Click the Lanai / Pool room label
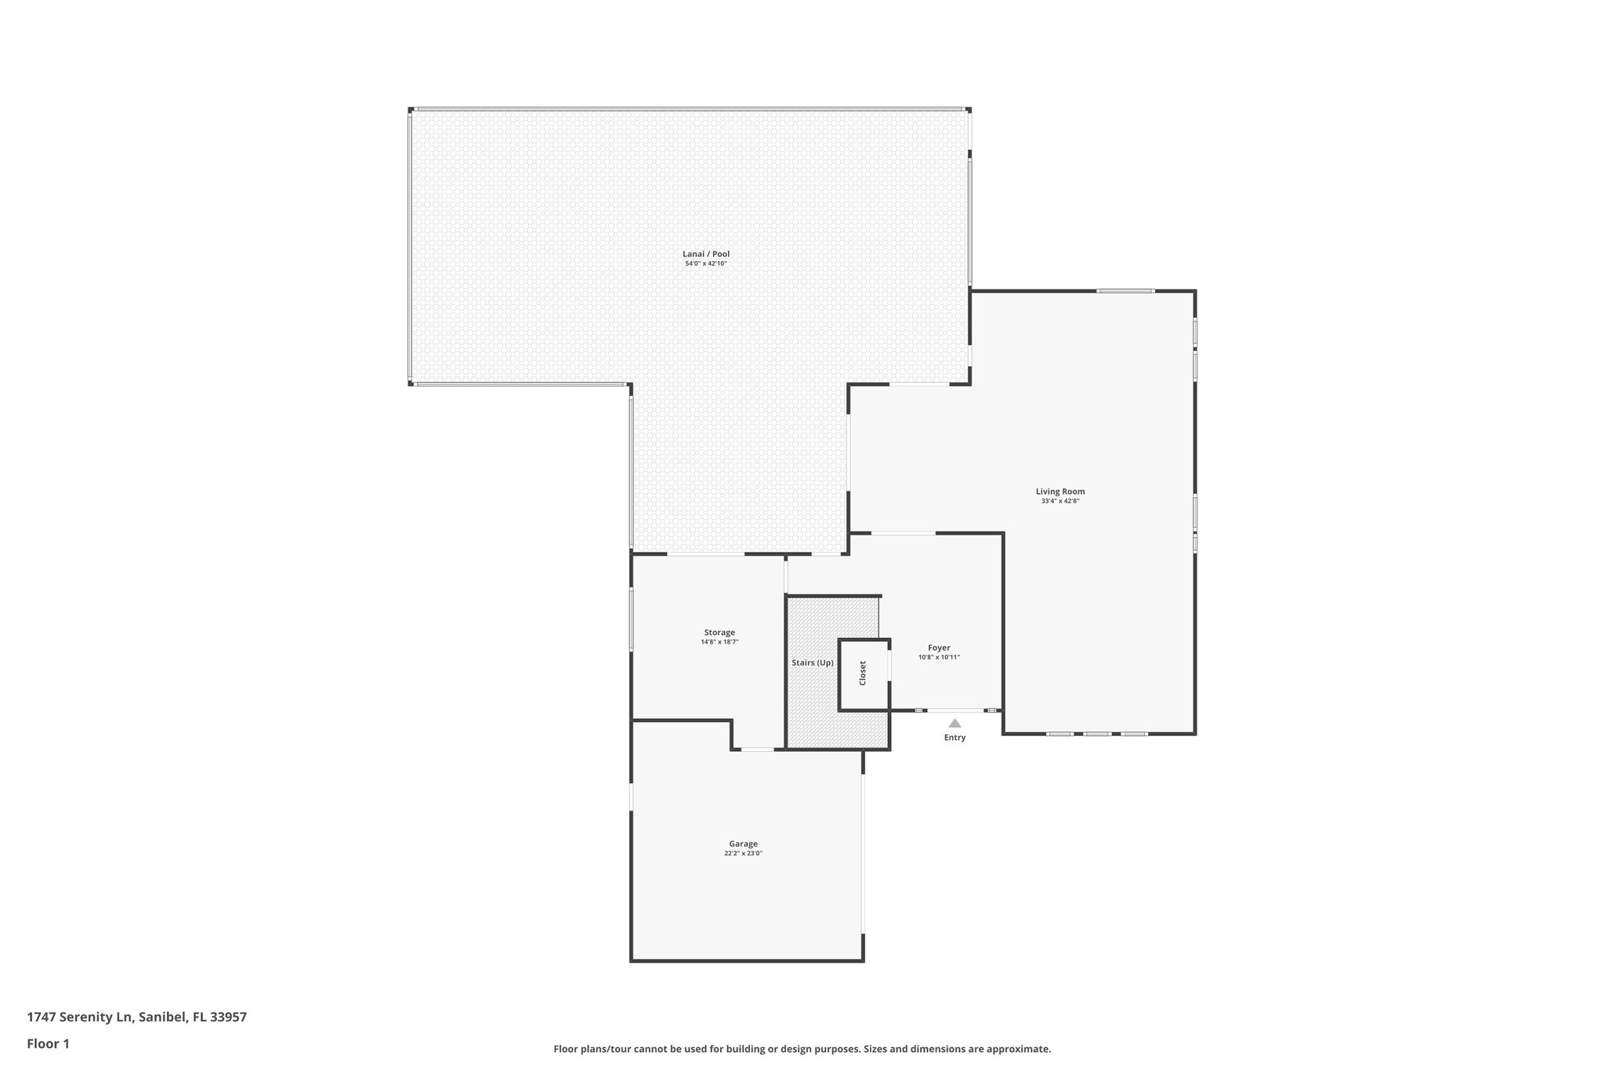point(706,254)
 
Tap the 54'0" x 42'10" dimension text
point(706,264)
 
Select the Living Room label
point(1060,491)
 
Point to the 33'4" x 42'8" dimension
point(1060,501)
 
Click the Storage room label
point(719,633)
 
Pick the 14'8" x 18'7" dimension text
point(719,642)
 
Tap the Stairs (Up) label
point(813,663)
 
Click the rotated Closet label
point(863,673)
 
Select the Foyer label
point(939,648)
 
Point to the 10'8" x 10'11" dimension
point(939,658)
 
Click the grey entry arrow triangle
point(955,724)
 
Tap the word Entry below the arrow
point(955,738)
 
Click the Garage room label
point(743,844)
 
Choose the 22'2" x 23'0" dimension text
point(743,854)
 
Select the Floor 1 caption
point(48,1043)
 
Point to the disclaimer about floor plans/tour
point(802,1049)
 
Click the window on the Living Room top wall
point(1125,292)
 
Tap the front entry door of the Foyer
point(955,710)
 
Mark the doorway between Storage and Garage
point(758,750)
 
